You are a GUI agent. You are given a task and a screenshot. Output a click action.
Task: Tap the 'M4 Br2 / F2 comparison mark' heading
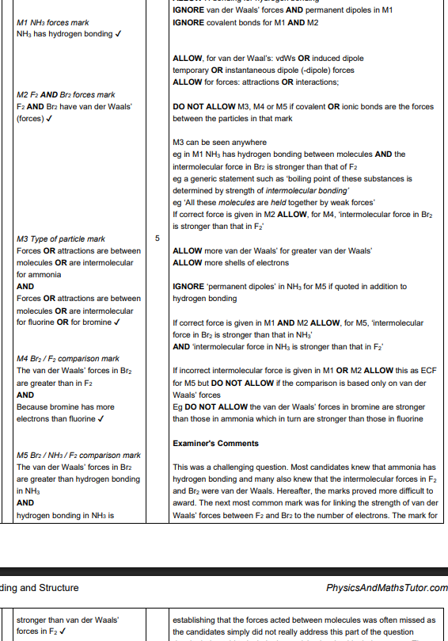coord(68,359)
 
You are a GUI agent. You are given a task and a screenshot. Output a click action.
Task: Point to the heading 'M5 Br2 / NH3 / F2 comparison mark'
coord(78,455)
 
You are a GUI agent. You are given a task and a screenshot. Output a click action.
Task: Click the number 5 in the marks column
coord(156,238)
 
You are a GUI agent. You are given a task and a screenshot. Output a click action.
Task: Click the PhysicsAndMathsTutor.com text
coord(387,588)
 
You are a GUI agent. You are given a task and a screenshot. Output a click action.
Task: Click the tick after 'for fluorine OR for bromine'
coord(117,322)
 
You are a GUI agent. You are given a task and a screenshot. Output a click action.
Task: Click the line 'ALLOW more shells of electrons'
coord(230,262)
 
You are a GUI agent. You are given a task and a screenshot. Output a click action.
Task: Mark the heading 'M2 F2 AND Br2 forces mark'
coord(66,95)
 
